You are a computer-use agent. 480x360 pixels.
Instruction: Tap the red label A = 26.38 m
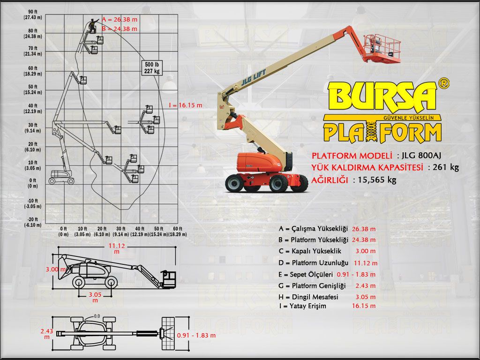[x=120, y=19]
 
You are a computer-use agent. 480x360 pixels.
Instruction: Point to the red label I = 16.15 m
[x=186, y=105]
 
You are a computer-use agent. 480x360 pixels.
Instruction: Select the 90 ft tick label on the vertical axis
[x=33, y=15]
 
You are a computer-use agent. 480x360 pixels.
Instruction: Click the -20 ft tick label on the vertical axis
[x=33, y=222]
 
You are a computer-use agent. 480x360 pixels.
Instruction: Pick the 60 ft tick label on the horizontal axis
[x=177, y=232]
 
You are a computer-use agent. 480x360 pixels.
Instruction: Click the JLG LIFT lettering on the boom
[x=254, y=77]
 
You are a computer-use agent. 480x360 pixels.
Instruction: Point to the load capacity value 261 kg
[x=446, y=167]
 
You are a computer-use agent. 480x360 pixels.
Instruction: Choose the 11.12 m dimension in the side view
[x=117, y=248]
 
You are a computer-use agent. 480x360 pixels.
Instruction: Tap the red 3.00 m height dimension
[x=56, y=270]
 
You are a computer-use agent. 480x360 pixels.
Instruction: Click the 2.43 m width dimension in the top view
[x=46, y=334]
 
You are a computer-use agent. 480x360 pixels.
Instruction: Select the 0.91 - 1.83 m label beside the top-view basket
[x=196, y=335]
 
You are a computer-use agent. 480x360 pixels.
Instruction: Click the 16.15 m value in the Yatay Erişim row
[x=364, y=306]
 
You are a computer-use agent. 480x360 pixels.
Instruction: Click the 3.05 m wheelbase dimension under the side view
[x=95, y=297]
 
